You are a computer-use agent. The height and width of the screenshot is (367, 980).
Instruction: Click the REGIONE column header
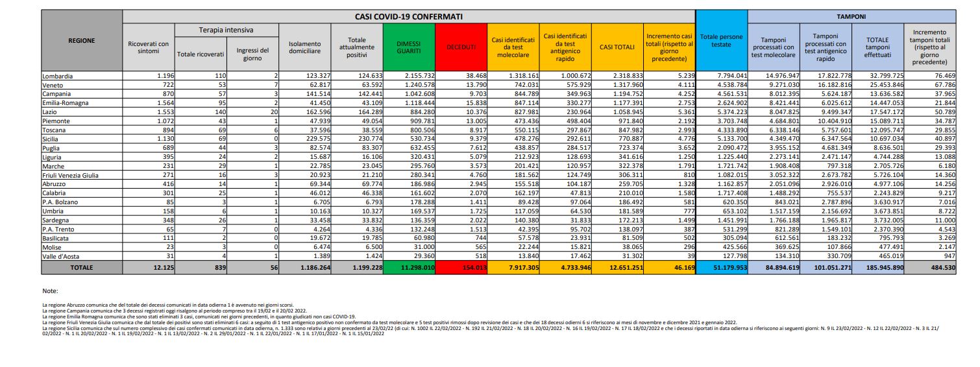82,40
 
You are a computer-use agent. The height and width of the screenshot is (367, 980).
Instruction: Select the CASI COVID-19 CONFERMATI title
408,16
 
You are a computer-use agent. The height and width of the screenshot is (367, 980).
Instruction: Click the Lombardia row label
57,76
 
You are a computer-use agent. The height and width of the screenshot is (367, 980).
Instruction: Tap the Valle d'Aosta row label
60,256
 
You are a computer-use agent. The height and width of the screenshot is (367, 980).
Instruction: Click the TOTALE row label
82,267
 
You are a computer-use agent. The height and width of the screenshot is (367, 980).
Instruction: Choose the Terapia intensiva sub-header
227,30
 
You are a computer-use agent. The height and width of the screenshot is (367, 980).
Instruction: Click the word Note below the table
50,291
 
